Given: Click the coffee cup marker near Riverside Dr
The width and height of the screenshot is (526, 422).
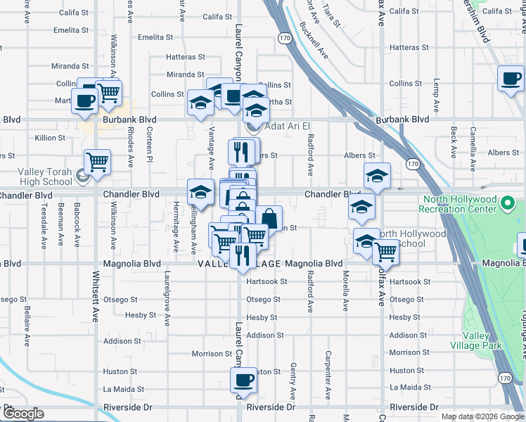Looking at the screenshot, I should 244,381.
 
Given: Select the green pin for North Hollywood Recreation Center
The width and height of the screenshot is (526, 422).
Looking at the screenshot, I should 508,205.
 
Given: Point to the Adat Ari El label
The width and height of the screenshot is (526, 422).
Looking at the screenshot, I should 286,127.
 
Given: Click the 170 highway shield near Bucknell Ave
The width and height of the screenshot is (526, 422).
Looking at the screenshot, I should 285,37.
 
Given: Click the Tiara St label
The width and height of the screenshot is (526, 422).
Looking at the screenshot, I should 331,15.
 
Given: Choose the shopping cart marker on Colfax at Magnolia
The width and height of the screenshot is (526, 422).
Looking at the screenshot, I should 385,251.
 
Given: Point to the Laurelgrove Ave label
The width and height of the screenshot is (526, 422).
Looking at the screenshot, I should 167,309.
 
